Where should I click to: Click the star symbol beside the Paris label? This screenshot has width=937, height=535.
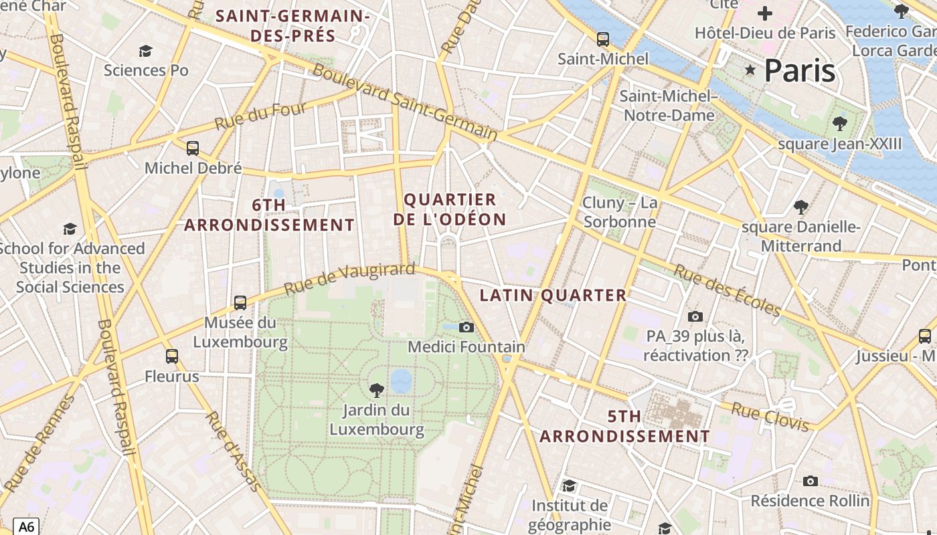750,70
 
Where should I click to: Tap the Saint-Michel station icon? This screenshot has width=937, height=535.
603,39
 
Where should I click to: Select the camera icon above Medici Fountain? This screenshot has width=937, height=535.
466,327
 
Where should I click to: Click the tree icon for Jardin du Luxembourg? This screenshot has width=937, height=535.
377,390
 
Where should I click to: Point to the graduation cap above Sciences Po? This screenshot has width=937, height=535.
145,51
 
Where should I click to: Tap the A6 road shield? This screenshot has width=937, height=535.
25,526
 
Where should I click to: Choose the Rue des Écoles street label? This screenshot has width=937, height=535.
727,290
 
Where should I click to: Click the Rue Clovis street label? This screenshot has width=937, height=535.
770,417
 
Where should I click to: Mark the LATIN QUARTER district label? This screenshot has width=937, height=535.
553,295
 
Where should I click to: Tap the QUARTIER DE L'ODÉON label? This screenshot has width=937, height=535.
450,209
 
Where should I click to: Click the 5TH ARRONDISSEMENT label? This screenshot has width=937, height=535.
624,427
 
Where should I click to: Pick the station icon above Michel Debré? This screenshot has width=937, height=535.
193,148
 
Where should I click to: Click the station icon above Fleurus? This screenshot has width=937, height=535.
172,356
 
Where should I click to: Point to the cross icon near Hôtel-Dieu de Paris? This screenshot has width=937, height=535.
764,13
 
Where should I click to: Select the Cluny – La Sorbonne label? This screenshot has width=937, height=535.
620,212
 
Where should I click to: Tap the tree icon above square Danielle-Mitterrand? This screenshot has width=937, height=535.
800,207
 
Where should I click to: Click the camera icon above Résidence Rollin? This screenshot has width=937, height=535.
811,481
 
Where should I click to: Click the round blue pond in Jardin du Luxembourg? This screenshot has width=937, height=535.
401,381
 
